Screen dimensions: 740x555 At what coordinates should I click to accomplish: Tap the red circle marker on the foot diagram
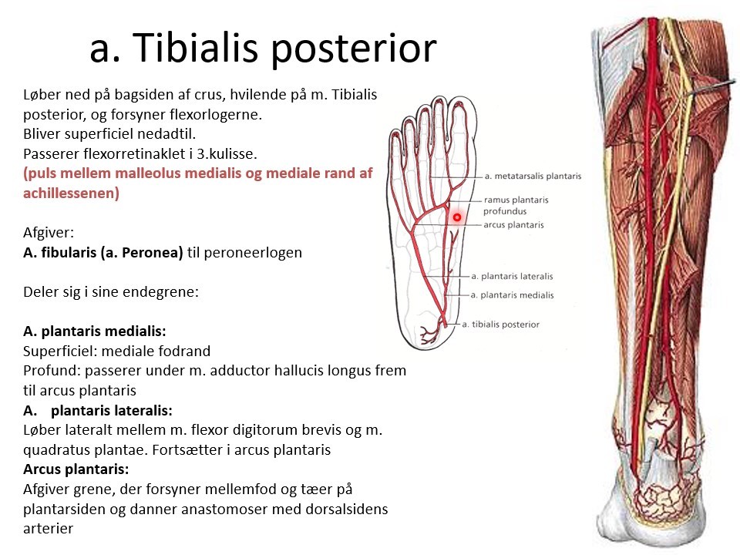[456, 218]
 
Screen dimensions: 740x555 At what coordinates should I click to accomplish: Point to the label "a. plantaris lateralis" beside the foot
[512, 276]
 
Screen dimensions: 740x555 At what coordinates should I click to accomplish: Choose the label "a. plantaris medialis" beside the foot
[512, 294]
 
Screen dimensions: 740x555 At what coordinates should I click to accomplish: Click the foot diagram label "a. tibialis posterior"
[500, 325]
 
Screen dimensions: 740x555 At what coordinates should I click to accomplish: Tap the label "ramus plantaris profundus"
[516, 205]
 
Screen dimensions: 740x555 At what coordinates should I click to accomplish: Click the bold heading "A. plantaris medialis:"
[95, 331]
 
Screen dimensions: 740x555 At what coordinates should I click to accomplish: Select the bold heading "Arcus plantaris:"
[76, 469]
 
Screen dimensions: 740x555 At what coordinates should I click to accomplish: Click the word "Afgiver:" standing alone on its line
[50, 232]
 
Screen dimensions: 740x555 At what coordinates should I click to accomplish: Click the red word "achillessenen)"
[71, 193]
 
